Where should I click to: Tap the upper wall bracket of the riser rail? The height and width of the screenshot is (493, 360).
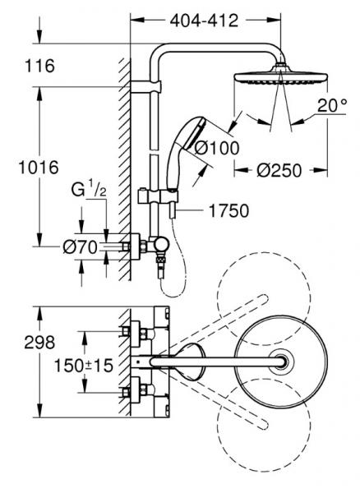(x=150, y=85)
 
